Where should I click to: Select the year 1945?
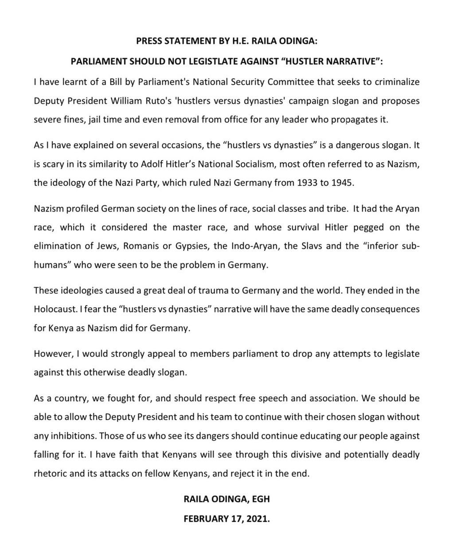[342, 183]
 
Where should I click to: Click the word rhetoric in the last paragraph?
[50, 473]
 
